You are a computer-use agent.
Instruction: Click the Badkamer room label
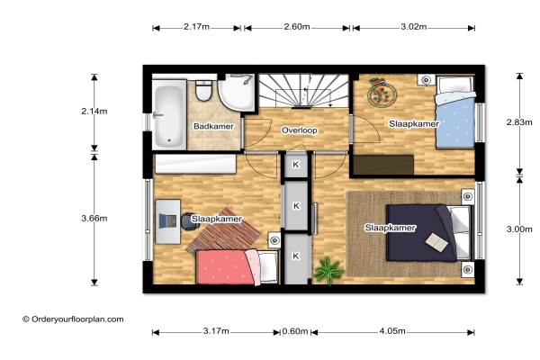tap(213, 126)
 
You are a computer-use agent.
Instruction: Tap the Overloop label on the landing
tap(300, 130)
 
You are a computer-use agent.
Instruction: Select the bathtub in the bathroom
tap(169, 114)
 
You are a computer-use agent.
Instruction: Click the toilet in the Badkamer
tap(203, 90)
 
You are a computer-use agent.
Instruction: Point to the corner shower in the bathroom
tap(237, 93)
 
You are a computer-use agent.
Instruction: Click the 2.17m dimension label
tap(196, 26)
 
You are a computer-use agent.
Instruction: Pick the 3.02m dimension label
tap(414, 26)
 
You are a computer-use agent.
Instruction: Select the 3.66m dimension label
tap(94, 218)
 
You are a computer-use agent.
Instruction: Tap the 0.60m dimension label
tap(295, 331)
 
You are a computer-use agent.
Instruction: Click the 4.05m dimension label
tap(392, 331)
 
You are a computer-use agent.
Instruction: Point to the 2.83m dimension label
tap(519, 122)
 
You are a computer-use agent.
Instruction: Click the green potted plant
tap(328, 270)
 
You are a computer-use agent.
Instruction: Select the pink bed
tap(237, 267)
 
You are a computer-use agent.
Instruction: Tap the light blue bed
tap(455, 112)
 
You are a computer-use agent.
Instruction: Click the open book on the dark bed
tap(436, 241)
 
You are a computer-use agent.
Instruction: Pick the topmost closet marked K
tap(295, 165)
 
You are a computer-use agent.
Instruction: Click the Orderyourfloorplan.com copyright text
tap(73, 319)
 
